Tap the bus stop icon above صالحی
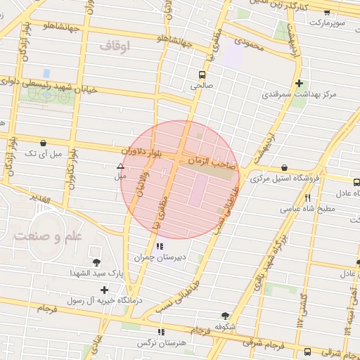202,74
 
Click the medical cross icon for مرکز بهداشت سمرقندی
300,82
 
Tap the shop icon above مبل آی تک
44,143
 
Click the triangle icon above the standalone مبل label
120,167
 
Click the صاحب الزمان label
209,162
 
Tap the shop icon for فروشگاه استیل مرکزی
284,167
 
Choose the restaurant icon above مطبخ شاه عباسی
307,198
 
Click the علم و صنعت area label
48,236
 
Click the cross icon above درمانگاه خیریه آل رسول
105,289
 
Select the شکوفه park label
225,326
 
